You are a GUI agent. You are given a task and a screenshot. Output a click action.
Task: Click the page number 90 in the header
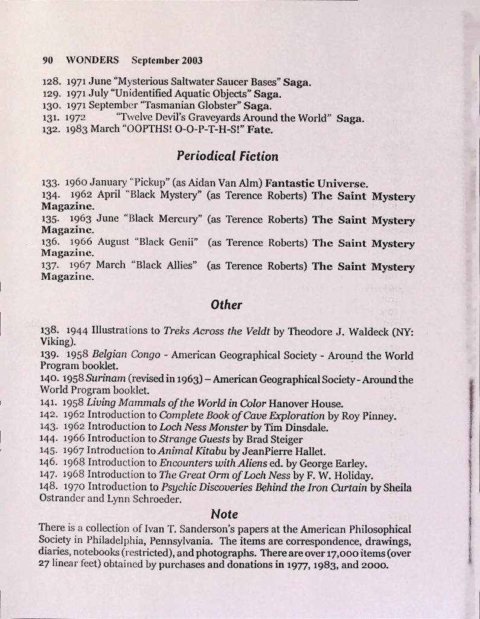pos(48,61)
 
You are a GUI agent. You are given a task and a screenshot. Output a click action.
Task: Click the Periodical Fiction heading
pos(228,157)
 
